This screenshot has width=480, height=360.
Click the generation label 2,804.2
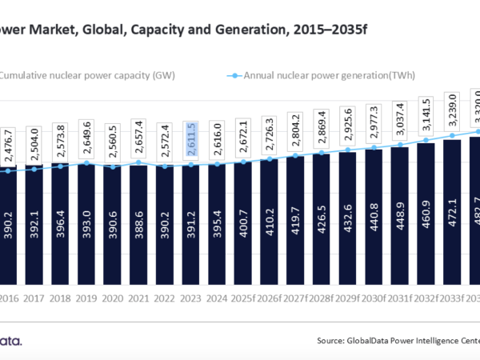tap(296, 129)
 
